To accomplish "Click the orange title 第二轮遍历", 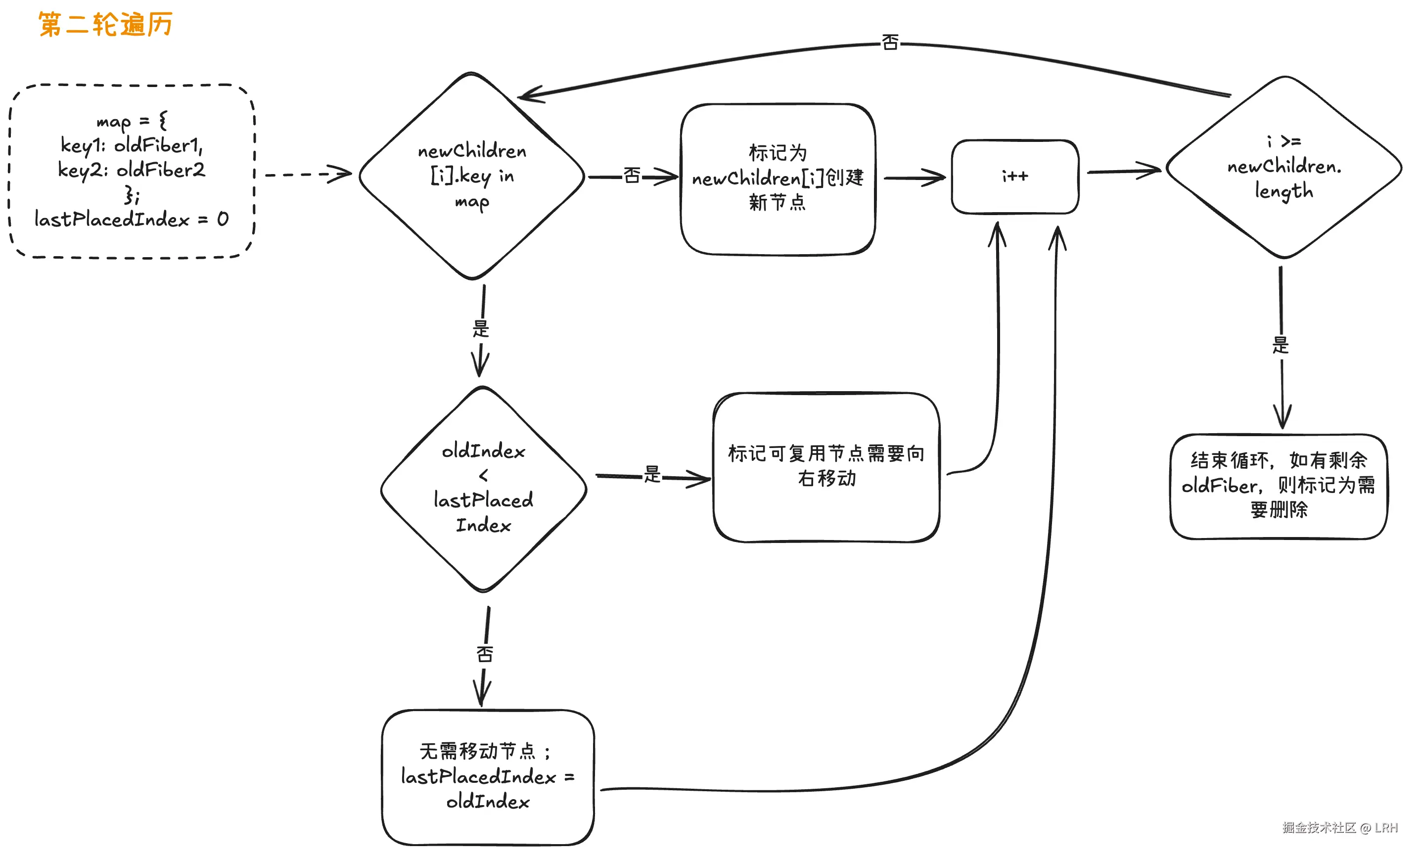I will [x=105, y=25].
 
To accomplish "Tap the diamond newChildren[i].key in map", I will [x=472, y=176].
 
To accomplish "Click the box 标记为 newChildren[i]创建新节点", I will [x=778, y=179].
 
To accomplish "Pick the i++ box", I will [x=1015, y=176].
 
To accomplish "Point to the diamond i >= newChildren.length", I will [x=1283, y=167].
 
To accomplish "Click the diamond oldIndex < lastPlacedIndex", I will [x=483, y=488].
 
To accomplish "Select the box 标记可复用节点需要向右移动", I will [x=826, y=466].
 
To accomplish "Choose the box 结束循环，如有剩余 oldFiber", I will [x=1279, y=486].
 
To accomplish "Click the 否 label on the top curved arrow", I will [x=890, y=43].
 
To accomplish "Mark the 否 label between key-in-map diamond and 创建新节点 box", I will [x=632, y=176].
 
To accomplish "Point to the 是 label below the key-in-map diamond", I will [x=481, y=329].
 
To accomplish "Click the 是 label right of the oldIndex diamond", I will [x=652, y=474].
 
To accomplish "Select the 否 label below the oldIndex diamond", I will [x=485, y=654].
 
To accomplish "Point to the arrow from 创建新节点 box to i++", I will [x=915, y=178].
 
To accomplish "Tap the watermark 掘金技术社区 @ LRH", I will [x=1339, y=827].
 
